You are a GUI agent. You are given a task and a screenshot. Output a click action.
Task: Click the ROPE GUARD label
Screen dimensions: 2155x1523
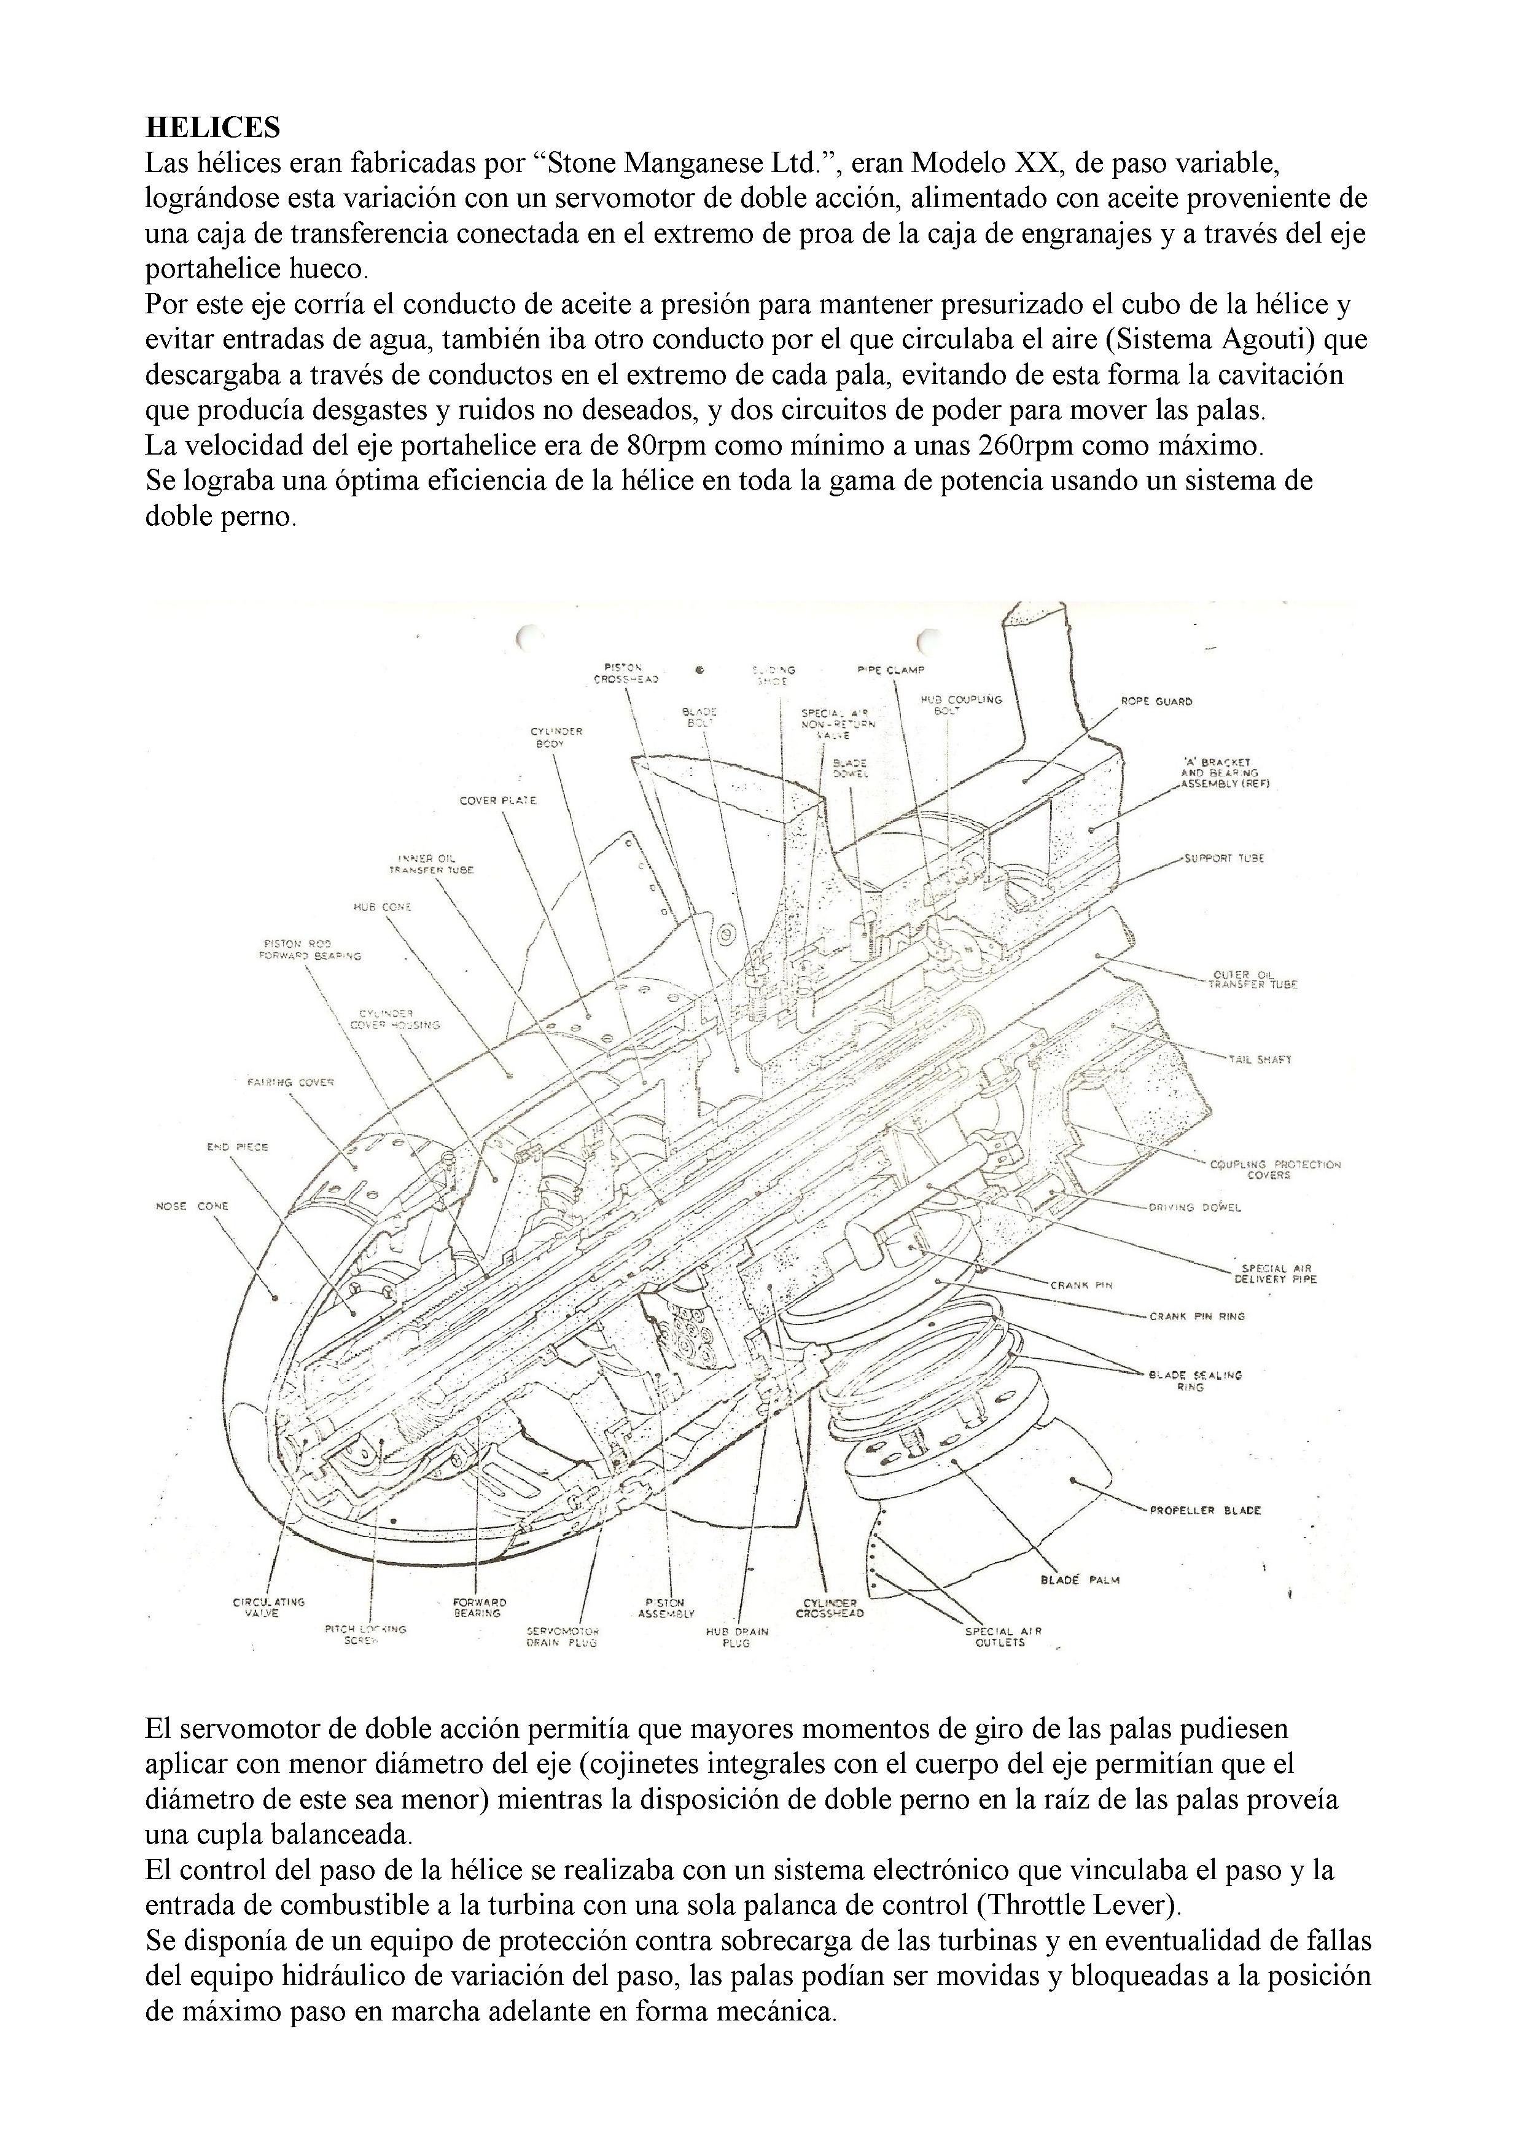pos(1156,701)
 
